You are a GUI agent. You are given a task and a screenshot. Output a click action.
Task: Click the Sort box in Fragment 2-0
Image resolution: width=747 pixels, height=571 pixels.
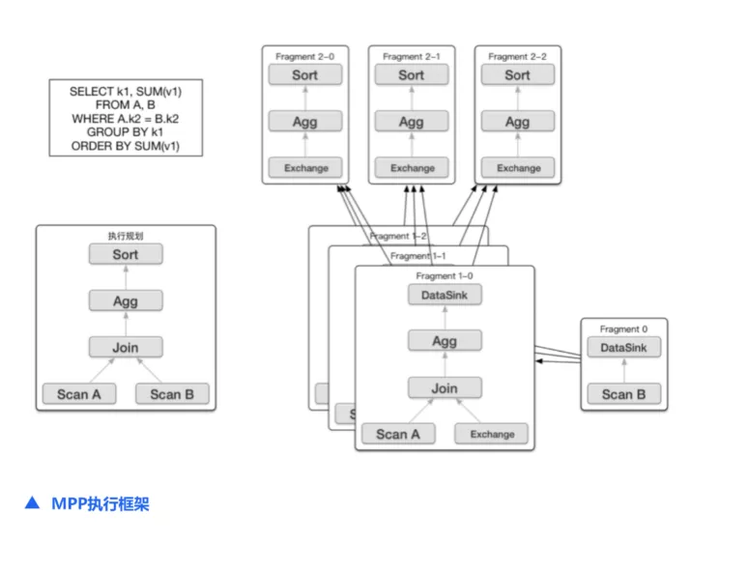[x=305, y=74]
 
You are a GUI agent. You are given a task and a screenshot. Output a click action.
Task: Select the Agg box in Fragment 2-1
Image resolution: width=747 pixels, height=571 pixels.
[x=411, y=122]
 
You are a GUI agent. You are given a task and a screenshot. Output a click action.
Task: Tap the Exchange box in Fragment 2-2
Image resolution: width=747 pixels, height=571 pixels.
[x=518, y=168]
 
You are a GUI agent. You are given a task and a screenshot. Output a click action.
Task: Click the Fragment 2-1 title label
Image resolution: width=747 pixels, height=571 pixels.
[x=412, y=56]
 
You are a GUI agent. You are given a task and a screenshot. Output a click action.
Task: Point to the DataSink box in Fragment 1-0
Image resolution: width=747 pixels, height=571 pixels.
[x=445, y=295]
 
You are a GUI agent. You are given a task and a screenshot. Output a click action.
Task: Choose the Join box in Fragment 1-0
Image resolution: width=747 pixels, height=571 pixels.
[x=445, y=388]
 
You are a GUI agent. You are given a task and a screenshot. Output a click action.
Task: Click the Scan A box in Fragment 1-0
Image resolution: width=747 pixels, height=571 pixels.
[x=398, y=434]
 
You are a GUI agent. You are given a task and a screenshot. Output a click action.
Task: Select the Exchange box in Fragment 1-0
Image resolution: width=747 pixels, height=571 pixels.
[x=491, y=434]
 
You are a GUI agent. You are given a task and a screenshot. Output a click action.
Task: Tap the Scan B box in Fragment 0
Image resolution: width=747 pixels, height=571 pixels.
[x=623, y=394]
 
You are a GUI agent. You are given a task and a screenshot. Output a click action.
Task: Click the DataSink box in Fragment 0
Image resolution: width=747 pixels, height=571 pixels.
[x=623, y=347]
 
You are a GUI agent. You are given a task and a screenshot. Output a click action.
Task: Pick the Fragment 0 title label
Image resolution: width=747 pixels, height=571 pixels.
[x=623, y=329]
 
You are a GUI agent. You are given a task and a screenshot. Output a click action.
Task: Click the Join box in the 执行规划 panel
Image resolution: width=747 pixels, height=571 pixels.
[x=126, y=347]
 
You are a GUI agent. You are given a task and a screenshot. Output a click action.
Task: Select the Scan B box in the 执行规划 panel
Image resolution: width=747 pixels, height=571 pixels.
[x=172, y=394]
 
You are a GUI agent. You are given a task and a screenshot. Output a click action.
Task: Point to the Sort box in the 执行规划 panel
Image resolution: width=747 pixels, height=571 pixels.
[x=126, y=254]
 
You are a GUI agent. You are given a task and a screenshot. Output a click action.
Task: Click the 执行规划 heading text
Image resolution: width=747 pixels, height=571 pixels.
[x=126, y=236]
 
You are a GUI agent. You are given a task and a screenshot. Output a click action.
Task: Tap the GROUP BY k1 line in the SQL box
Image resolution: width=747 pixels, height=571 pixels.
[x=125, y=132]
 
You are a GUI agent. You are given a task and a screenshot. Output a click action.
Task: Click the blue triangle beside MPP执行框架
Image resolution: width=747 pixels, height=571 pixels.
[x=33, y=503]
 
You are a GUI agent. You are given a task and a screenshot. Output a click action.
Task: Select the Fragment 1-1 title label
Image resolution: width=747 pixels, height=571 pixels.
[x=417, y=256]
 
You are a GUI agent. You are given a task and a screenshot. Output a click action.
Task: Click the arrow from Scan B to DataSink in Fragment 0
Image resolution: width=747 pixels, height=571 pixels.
[x=624, y=370]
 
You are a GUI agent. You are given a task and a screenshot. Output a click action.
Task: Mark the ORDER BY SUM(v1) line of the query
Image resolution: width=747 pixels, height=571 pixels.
[x=126, y=146]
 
